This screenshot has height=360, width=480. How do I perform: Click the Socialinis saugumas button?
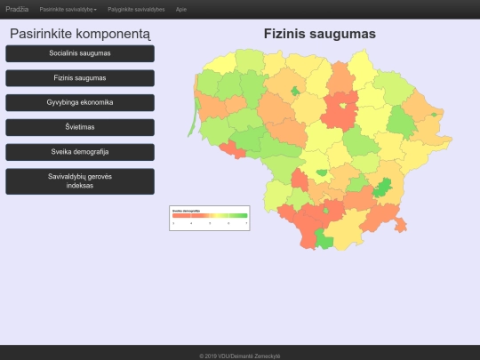click(80, 53)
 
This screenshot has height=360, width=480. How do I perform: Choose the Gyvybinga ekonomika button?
click(80, 102)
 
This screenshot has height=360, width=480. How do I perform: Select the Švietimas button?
click(80, 127)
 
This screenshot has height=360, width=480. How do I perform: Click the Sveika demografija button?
click(80, 152)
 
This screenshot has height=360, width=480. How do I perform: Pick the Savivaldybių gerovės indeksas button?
click(80, 180)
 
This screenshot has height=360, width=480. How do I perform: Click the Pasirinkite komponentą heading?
click(80, 34)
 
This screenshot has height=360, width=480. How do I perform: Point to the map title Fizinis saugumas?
click(320, 34)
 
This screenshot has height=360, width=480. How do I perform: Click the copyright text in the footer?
click(240, 355)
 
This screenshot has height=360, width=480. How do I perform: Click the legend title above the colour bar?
click(186, 211)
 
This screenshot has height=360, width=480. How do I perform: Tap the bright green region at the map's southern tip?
click(325, 241)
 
